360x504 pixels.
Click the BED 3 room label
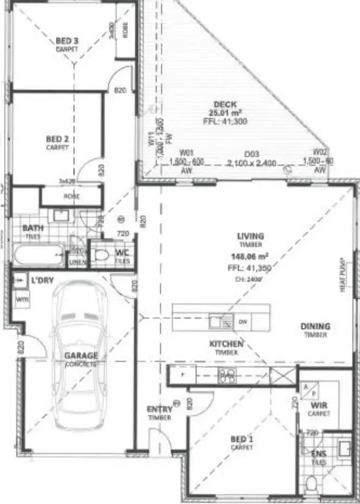click(x=67, y=41)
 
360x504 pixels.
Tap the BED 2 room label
click(x=58, y=139)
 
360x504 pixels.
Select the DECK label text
click(x=223, y=104)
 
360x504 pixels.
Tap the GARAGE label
click(x=81, y=356)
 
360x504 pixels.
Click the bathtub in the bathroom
click(x=38, y=255)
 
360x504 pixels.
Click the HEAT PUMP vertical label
click(x=343, y=275)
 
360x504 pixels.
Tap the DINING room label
click(x=315, y=327)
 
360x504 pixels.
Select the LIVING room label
click(x=250, y=236)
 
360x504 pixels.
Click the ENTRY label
click(x=159, y=409)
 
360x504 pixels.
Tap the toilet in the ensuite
click(x=311, y=482)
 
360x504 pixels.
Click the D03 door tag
click(x=252, y=154)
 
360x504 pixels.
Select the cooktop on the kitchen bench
click(x=227, y=375)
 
